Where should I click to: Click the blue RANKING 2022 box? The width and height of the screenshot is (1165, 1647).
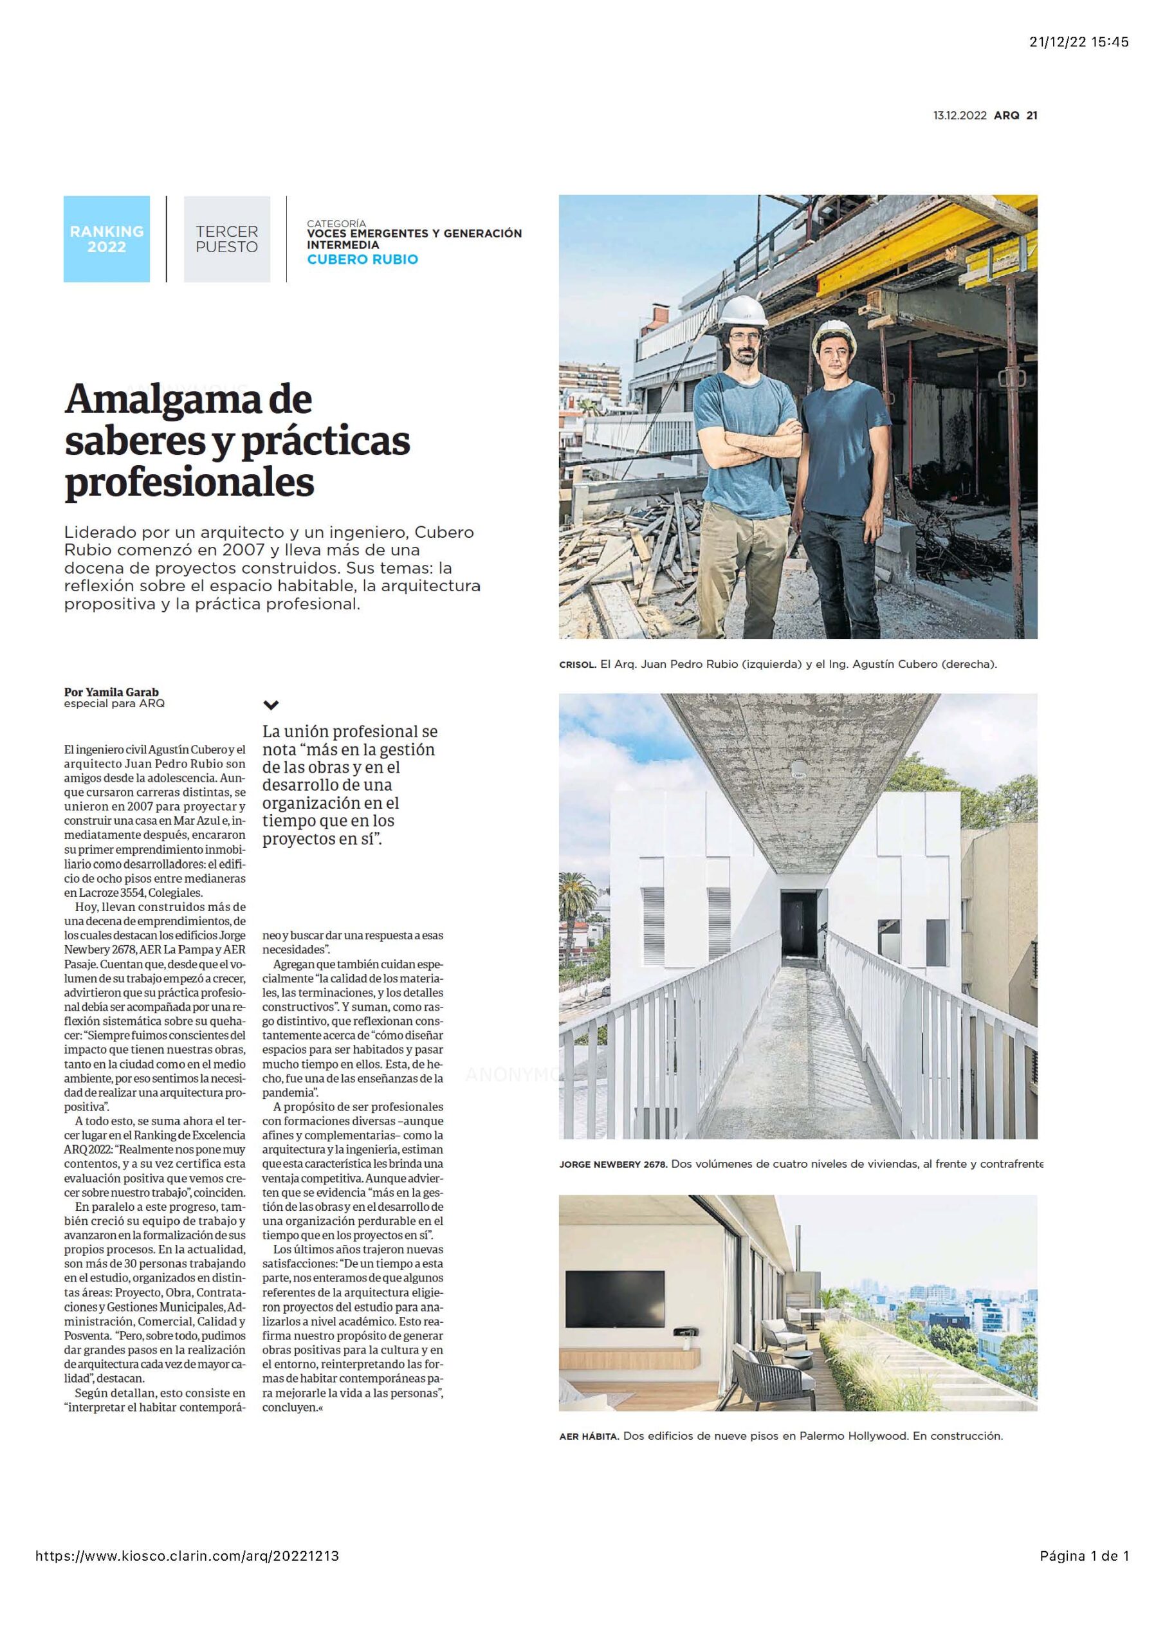coord(106,239)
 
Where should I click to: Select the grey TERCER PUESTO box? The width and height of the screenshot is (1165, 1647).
coord(226,239)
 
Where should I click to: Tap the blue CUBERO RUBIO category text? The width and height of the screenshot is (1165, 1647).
coord(362,259)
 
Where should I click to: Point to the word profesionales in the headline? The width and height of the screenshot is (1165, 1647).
coord(189,483)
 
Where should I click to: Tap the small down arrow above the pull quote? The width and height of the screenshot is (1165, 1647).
coord(271,705)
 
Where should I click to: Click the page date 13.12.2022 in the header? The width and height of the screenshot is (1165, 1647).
coord(960,115)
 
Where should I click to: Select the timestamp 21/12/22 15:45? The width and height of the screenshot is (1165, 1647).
coord(1079,42)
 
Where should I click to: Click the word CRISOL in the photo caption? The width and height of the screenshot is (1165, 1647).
coord(577,664)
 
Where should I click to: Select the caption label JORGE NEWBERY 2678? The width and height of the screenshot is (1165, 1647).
coord(612,1164)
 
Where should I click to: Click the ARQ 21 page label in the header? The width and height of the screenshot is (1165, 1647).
coord(1015,115)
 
